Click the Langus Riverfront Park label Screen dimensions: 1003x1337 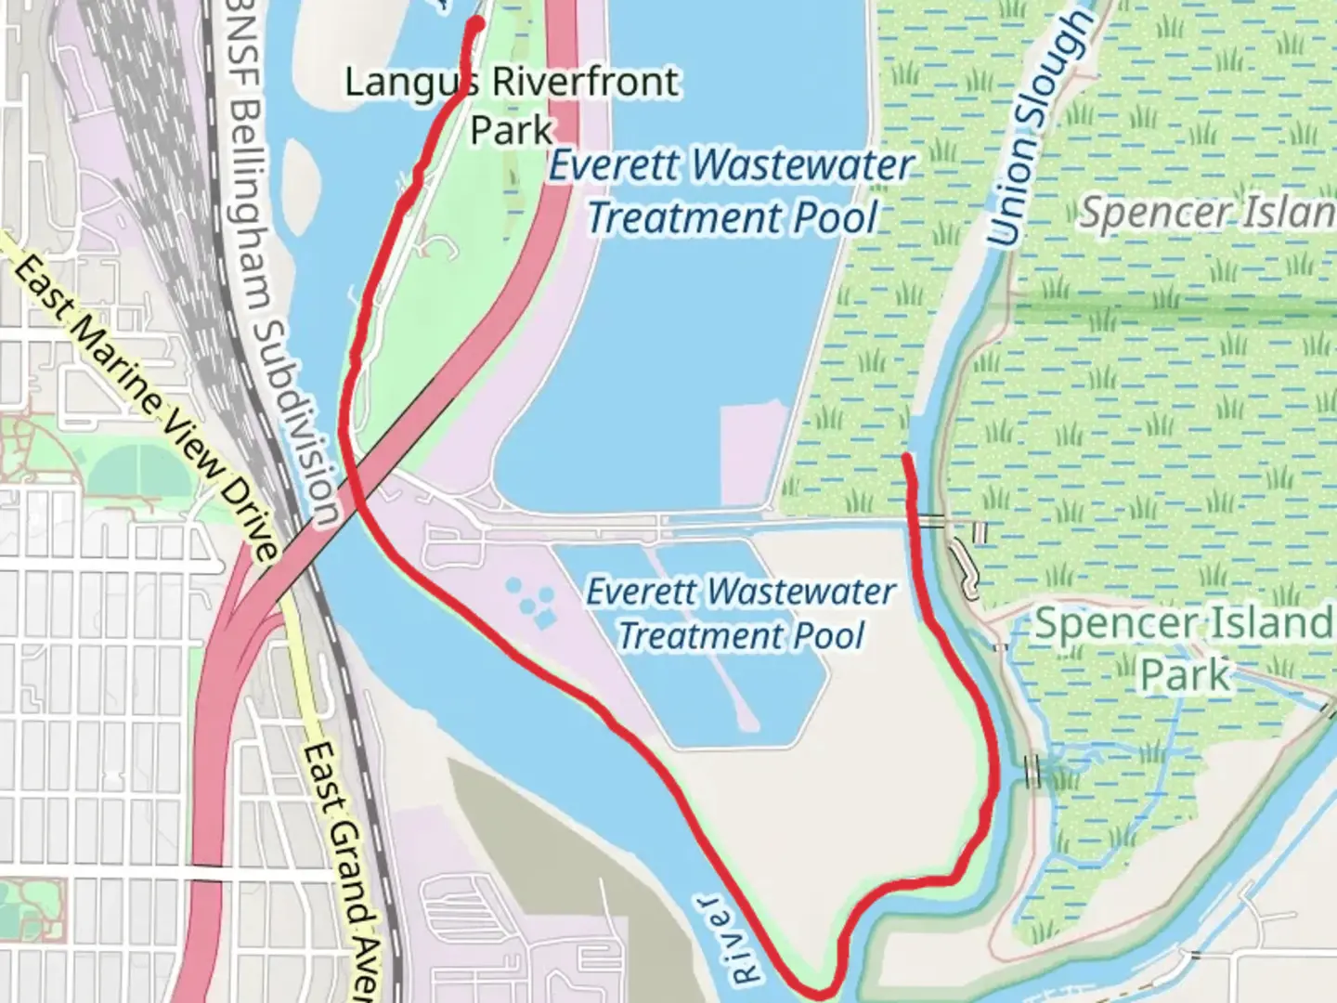click(512, 104)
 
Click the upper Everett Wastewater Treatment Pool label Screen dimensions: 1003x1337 click(732, 192)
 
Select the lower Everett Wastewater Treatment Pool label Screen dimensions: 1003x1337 click(741, 614)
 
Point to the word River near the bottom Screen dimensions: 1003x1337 click(729, 938)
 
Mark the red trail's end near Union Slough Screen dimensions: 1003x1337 click(906, 456)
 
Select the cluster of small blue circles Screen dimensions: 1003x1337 click(528, 599)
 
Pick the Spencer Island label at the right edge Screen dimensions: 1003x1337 click(1207, 214)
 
